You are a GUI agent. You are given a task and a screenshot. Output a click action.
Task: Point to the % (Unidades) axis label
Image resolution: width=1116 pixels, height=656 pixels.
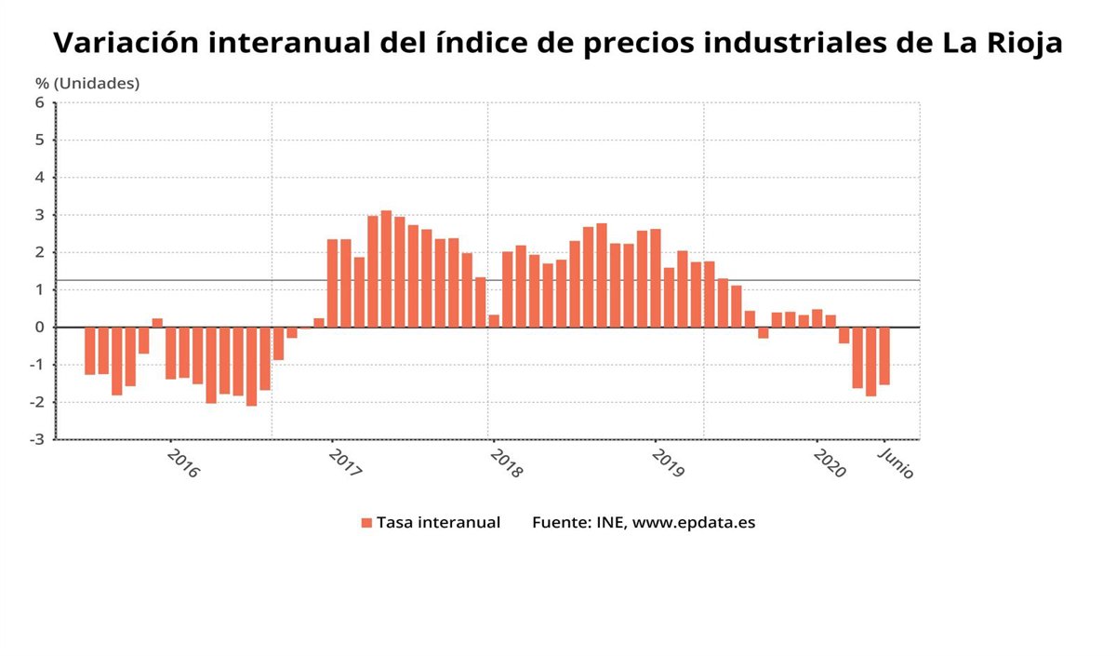87,84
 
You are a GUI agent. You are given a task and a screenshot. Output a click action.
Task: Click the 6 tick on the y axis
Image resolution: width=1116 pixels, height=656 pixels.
40,103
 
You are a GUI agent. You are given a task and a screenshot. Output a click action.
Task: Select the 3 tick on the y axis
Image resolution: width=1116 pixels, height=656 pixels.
40,215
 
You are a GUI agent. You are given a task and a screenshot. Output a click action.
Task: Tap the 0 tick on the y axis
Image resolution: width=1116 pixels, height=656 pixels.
40,328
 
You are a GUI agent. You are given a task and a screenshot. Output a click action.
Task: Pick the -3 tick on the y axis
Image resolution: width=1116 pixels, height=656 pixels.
37,439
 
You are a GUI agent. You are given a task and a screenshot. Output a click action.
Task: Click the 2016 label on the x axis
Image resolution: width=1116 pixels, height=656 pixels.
182,463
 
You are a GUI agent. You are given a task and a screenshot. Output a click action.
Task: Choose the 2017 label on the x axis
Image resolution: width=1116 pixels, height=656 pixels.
344,463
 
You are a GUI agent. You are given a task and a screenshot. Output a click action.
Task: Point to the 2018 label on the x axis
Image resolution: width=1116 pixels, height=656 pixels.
506,463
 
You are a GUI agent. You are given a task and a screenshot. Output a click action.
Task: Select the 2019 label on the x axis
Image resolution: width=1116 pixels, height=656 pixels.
668,463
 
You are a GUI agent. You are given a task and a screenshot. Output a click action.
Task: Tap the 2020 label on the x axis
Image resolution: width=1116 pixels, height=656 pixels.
829,463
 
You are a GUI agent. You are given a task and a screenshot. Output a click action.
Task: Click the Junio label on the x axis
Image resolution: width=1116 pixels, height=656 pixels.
897,462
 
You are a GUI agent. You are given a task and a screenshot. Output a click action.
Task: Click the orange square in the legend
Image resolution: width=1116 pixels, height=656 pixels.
366,523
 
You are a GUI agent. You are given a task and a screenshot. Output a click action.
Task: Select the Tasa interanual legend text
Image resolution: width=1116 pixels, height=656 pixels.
438,523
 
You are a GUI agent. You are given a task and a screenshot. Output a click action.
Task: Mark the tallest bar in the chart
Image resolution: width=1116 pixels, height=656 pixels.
386,269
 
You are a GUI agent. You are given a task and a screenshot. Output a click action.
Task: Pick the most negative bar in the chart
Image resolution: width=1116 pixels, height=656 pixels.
251,366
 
